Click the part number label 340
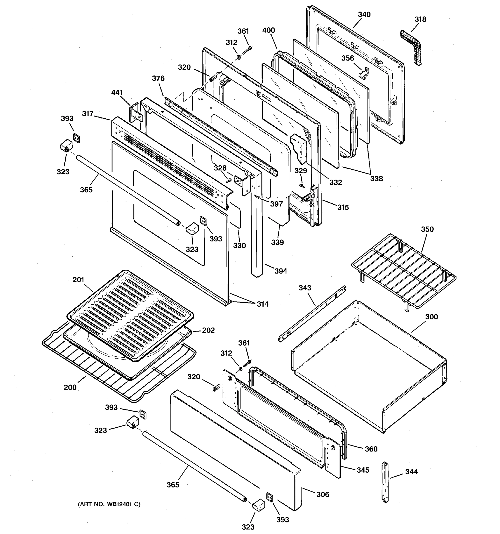click(364, 14)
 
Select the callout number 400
click(268, 30)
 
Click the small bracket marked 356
click(364, 73)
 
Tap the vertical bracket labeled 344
click(386, 482)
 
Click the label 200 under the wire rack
click(70, 387)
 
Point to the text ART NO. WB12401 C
click(109, 504)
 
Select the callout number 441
click(117, 93)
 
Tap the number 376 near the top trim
click(158, 79)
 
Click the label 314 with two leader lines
click(262, 304)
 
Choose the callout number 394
click(281, 271)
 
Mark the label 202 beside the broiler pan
click(208, 330)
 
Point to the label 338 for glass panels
click(376, 179)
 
